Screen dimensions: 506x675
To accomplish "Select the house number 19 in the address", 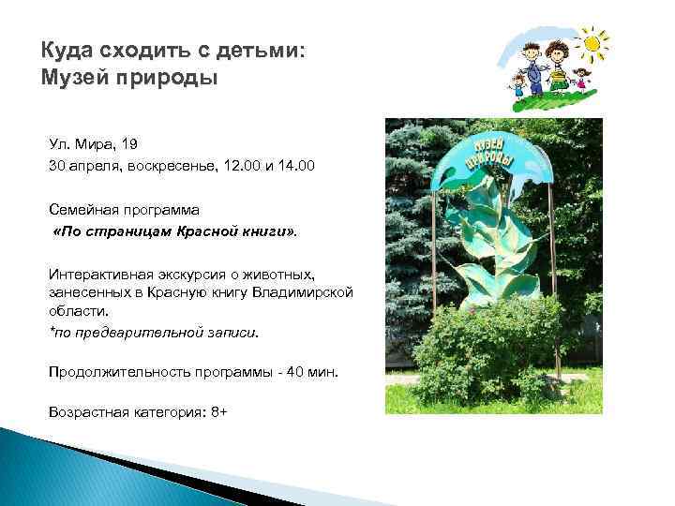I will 129,143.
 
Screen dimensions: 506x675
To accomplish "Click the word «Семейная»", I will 85,210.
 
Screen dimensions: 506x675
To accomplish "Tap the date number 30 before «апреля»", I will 59,167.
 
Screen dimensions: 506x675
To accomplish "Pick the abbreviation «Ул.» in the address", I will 60,143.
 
